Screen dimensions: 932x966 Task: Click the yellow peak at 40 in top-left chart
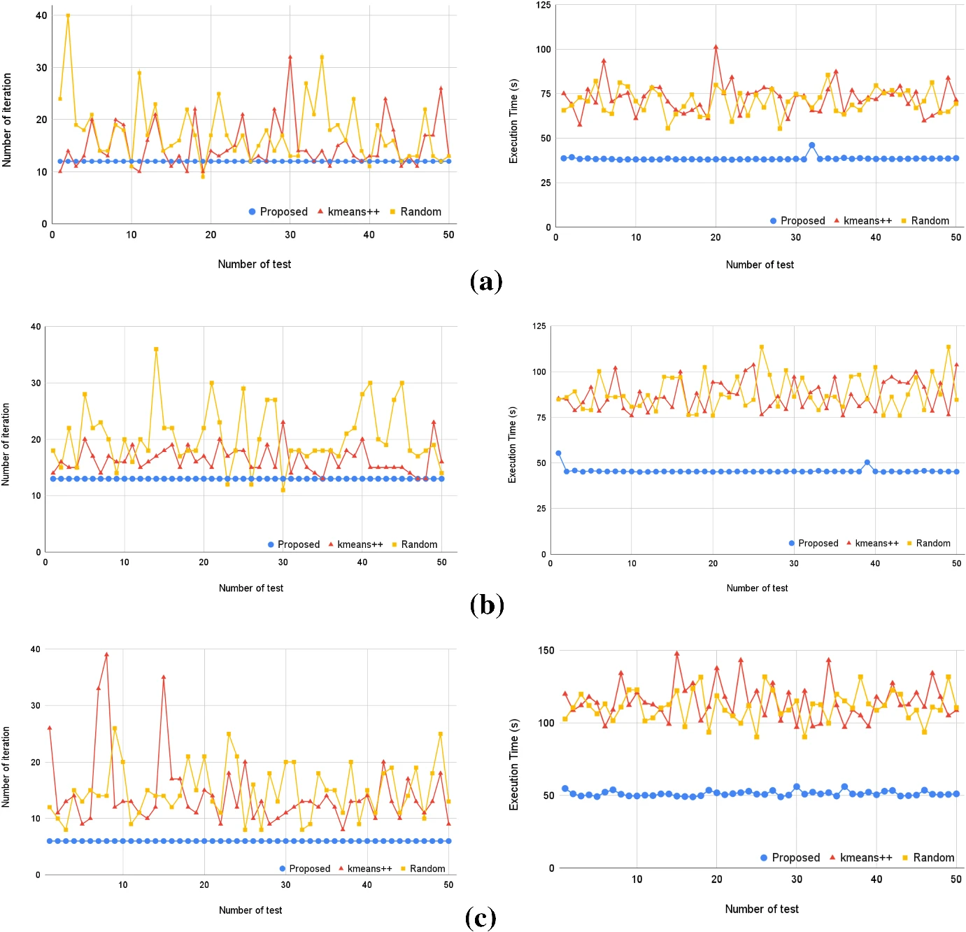pyautogui.click(x=68, y=15)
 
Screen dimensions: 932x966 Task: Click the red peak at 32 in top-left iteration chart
pyautogui.click(x=290, y=57)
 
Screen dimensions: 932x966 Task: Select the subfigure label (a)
pyautogui.click(x=486, y=281)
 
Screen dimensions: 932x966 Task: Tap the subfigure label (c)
pyautogui.click(x=481, y=917)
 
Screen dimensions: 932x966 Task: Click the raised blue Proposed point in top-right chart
pyautogui.click(x=811, y=146)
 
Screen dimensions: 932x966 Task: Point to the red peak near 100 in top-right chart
pyautogui.click(x=716, y=48)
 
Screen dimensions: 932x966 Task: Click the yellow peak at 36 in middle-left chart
pyautogui.click(x=156, y=349)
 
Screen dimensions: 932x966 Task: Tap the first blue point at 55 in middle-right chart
pyautogui.click(x=558, y=453)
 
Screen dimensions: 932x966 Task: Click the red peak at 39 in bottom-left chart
pyautogui.click(x=106, y=655)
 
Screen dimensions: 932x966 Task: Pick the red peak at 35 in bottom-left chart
pyautogui.click(x=164, y=677)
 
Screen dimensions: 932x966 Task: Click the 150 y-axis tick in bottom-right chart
pyautogui.click(x=546, y=651)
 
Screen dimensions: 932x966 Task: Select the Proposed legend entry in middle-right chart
pyautogui.click(x=813, y=543)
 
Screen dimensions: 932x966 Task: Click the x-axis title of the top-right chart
pyautogui.click(x=760, y=264)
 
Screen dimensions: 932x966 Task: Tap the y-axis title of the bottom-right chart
pyautogui.click(x=514, y=764)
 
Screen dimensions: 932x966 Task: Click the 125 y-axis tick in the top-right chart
pyautogui.click(x=544, y=6)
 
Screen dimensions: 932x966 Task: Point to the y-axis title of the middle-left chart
pyautogui.click(x=6, y=444)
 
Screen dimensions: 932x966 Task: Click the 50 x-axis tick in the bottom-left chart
pyautogui.click(x=448, y=885)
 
